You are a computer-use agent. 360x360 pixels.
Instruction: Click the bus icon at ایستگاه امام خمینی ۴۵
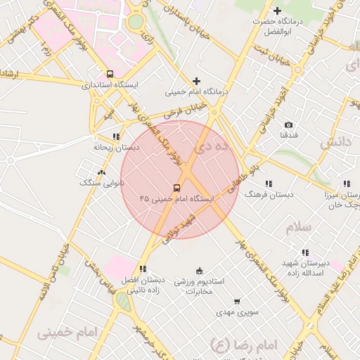[176, 188]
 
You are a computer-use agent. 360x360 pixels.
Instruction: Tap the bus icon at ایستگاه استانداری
[109, 73]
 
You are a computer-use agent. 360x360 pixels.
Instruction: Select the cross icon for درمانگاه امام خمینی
[196, 81]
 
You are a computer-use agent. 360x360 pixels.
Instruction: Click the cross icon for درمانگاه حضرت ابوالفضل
[277, 11]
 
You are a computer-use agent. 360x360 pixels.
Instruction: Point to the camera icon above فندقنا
[288, 124]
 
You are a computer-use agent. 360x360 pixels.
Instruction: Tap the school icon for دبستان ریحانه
[116, 137]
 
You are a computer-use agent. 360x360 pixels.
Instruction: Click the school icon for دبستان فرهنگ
[269, 182]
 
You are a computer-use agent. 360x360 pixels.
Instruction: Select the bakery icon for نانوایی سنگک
[102, 172]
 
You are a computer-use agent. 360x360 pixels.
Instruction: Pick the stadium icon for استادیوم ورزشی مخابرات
[199, 271]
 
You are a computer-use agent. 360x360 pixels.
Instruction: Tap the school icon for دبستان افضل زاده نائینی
[143, 269]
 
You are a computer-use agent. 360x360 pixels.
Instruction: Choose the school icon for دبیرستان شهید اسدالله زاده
[304, 252]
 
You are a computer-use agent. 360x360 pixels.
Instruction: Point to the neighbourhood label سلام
[297, 228]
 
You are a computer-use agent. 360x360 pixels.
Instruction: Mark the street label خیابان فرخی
[185, 110]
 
